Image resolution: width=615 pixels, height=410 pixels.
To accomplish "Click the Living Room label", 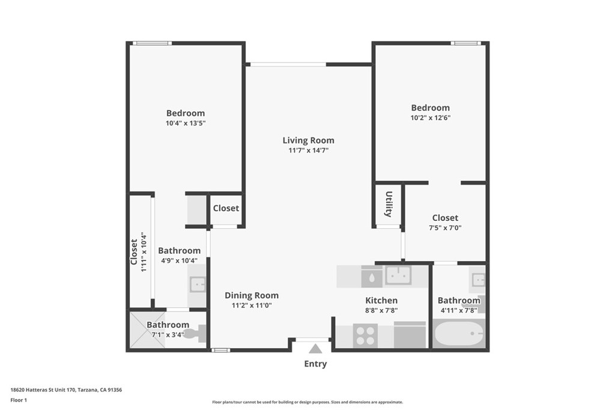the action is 308,140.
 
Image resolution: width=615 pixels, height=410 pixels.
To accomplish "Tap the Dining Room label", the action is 252,295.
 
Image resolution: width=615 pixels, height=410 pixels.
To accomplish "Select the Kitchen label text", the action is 381,301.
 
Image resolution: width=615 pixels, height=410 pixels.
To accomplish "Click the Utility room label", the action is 389,204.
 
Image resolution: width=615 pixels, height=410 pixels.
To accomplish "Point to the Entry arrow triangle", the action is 315,349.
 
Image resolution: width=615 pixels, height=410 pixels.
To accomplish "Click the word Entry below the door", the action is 315,364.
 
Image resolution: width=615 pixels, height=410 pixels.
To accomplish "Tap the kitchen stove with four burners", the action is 365,336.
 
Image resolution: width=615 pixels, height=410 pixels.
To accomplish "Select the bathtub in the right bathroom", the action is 458,334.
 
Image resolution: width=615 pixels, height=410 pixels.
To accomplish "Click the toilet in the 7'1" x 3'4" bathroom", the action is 195,334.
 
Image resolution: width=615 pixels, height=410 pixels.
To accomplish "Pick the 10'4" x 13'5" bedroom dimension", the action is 186,123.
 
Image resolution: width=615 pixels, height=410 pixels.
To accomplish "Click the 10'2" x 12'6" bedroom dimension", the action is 430,118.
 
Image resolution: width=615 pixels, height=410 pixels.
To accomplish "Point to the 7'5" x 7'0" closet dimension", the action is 445,228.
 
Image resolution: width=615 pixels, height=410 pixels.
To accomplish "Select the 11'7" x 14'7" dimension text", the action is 308,150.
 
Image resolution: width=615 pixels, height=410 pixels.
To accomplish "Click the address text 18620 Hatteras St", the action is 34,390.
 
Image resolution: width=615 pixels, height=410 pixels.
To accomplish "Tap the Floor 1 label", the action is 19,400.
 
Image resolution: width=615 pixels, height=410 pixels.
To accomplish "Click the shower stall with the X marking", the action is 148,330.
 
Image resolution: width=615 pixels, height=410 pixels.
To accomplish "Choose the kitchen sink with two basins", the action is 398,275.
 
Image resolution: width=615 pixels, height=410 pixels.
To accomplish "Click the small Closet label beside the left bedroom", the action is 226,208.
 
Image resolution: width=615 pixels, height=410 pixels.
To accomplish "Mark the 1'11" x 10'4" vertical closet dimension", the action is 144,253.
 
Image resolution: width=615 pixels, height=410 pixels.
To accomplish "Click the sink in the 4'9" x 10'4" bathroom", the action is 198,285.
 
